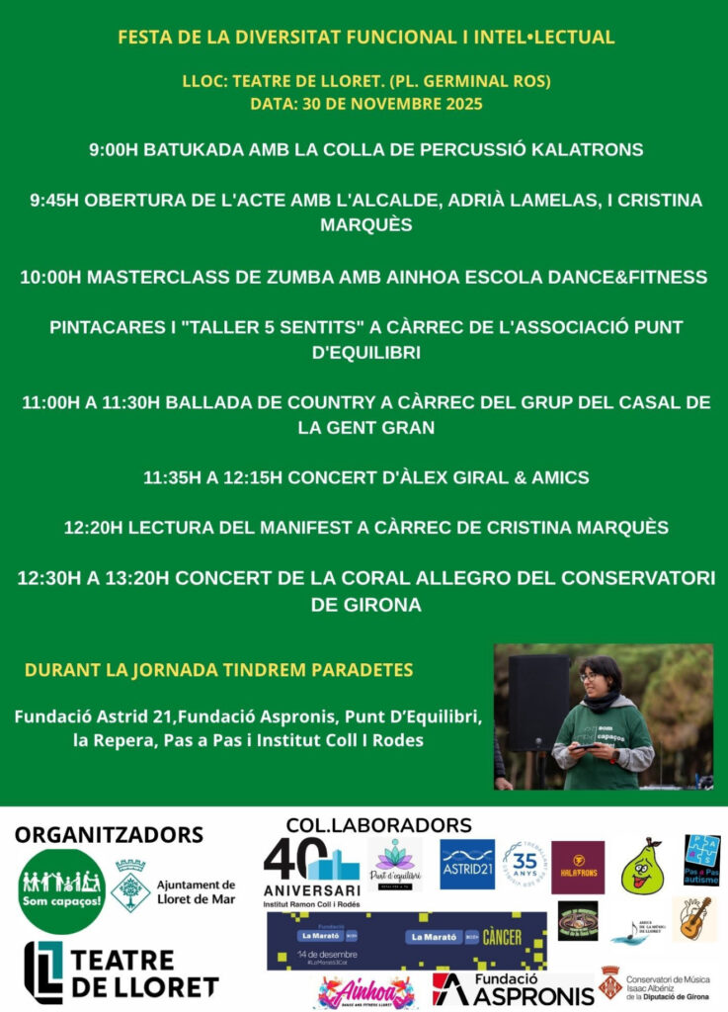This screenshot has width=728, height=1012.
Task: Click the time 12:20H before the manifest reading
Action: point(93,528)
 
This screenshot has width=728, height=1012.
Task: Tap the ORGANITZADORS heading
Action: point(109,834)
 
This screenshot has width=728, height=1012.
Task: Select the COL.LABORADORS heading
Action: point(378,824)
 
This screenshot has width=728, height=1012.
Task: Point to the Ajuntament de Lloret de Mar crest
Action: point(130,885)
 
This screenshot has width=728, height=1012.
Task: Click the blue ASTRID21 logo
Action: point(467,865)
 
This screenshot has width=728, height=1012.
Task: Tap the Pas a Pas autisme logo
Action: point(701,860)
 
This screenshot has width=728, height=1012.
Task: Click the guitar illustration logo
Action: point(694,920)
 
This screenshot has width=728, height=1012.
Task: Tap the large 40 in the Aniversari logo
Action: point(295,860)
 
